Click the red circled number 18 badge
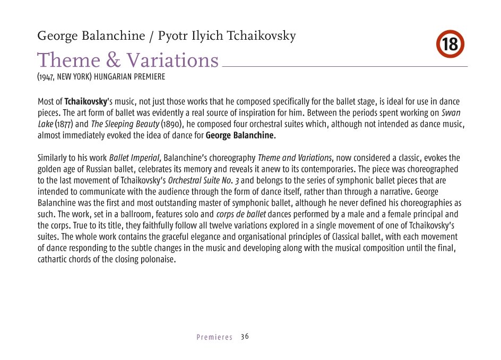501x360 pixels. pos(451,45)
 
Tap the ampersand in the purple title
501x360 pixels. pos(98,60)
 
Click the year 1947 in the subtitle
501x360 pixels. pos(46,77)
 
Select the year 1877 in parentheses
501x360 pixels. pos(62,124)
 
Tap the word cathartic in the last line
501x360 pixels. pos(53,260)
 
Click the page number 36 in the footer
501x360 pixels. pos(245,337)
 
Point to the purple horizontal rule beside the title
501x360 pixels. pos(344,66)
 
